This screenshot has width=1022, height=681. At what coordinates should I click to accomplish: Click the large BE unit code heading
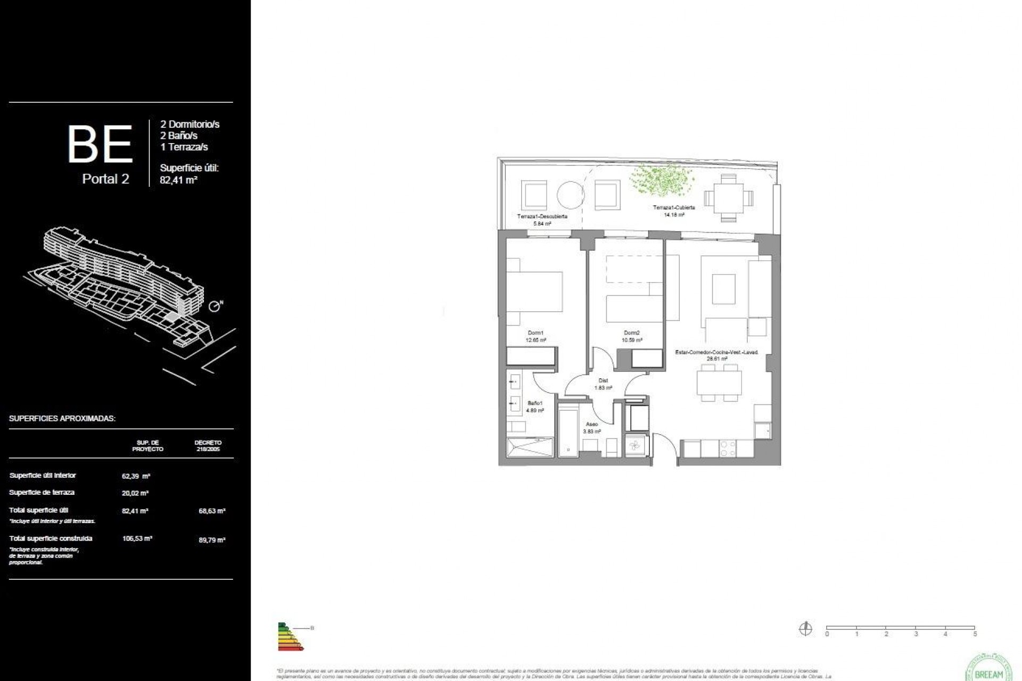point(100,144)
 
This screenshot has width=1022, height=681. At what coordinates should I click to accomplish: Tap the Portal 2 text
point(105,179)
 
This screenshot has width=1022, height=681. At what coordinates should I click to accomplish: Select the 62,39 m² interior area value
point(135,476)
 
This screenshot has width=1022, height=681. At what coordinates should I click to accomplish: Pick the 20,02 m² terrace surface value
point(135,493)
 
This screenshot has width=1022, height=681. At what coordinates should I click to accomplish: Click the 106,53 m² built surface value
point(137,538)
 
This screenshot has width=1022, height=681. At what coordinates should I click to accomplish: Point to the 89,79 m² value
point(212,540)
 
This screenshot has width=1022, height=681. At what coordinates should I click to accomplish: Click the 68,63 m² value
point(212,511)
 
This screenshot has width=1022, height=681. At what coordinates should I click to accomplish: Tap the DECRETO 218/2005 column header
point(208,446)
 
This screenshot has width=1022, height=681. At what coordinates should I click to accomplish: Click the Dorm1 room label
point(535,333)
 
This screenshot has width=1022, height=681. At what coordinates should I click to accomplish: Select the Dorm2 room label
point(632,333)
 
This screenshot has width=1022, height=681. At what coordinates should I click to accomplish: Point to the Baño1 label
point(535,403)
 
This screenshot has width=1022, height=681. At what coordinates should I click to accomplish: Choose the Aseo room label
point(591,425)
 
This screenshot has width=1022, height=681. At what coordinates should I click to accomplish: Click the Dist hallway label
point(603,380)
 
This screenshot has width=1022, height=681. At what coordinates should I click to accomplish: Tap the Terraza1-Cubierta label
point(674,207)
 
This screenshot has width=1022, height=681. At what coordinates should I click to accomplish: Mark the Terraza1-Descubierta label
point(542,217)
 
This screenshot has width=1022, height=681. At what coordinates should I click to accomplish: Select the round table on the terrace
point(571,195)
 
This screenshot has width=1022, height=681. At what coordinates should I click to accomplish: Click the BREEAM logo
point(988,668)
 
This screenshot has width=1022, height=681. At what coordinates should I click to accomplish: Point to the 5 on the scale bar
point(975,634)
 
